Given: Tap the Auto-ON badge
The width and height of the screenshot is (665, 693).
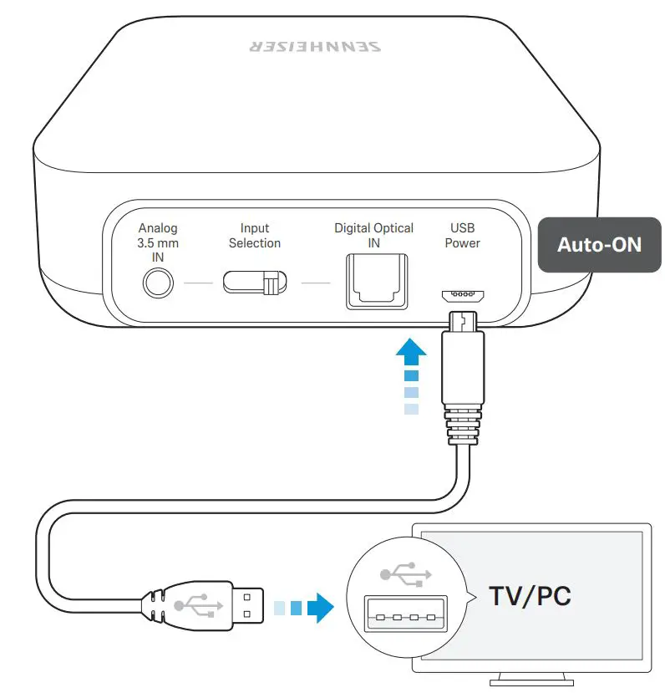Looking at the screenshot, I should pyautogui.click(x=599, y=244).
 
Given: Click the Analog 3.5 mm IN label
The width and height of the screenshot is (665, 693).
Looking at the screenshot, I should pyautogui.click(x=158, y=242).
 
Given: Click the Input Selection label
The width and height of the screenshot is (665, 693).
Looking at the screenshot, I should pyautogui.click(x=255, y=236).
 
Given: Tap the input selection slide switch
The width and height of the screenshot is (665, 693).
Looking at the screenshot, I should pyautogui.click(x=255, y=283).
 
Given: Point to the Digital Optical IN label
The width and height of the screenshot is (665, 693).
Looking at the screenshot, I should pyautogui.click(x=373, y=236).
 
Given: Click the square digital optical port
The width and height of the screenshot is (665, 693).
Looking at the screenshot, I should pyautogui.click(x=373, y=282).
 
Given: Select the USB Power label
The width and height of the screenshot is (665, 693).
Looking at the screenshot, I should pyautogui.click(x=462, y=236).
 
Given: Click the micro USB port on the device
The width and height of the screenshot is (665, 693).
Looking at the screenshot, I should pyautogui.click(x=462, y=295).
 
